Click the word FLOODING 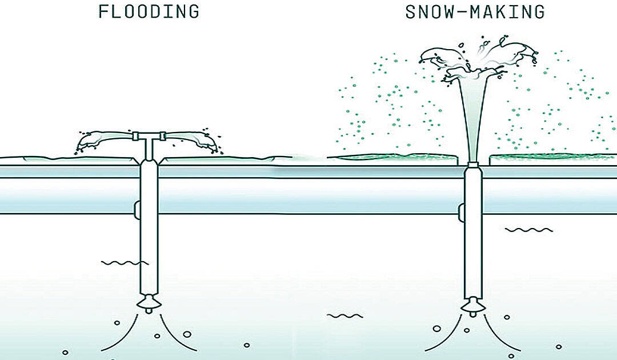click(x=149, y=11)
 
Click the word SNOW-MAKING click(x=475, y=12)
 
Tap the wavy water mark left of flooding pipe click(x=125, y=262)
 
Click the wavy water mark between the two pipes click(x=345, y=315)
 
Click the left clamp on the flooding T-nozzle click(x=135, y=136)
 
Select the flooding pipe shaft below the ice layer click(x=149, y=227)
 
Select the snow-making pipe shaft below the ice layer click(x=473, y=232)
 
